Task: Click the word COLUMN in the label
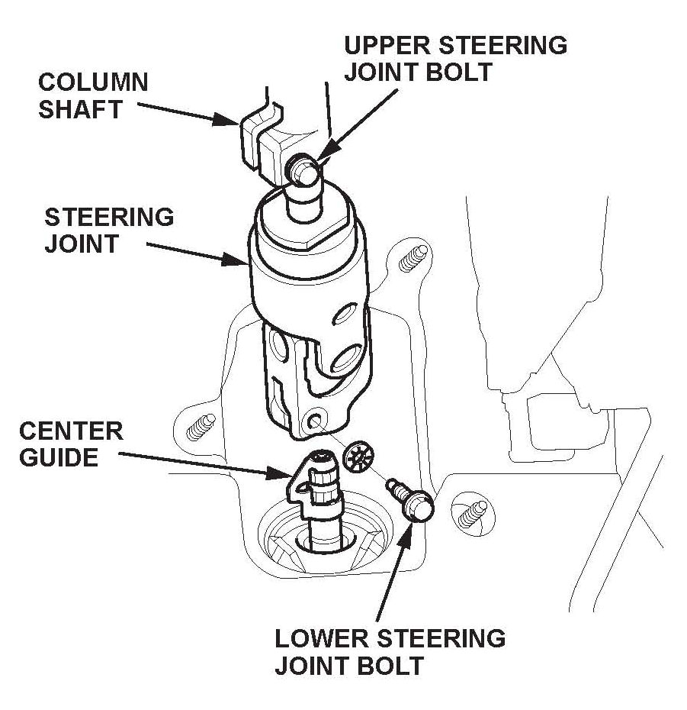(x=93, y=82)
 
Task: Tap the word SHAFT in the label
(x=80, y=108)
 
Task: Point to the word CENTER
(x=71, y=431)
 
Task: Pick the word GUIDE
(x=59, y=458)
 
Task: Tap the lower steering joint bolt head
(x=418, y=505)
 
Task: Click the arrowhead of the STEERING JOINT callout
(x=243, y=263)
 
